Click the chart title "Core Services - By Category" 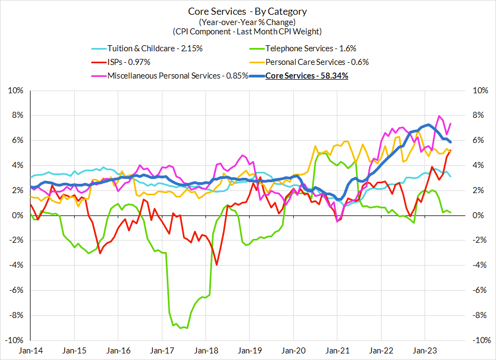tap(247, 11)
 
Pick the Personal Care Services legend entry tap(317, 62)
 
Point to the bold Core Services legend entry tap(306, 75)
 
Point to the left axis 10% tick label tap(16, 91)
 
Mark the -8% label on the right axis tap(479, 315)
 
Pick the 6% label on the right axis tap(477, 140)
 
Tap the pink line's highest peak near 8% tap(439, 116)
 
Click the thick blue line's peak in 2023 tap(429, 125)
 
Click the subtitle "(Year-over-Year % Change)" tap(247, 22)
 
